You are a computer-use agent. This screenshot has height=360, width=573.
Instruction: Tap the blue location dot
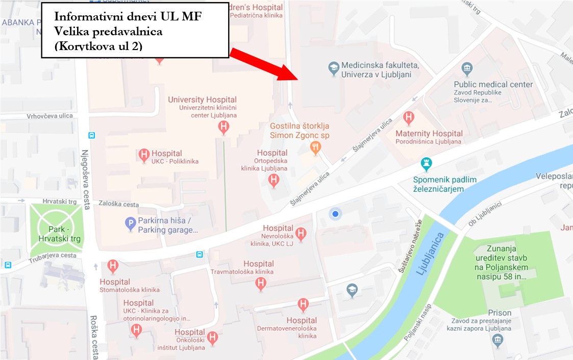(335, 214)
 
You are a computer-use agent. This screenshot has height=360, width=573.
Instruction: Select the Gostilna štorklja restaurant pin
(315, 148)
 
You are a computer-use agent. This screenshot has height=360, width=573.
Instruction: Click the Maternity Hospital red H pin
(408, 118)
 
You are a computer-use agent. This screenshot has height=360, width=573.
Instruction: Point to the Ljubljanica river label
(430, 254)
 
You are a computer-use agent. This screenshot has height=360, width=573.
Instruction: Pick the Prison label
(499, 313)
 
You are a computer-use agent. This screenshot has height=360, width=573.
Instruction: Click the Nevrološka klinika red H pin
(301, 234)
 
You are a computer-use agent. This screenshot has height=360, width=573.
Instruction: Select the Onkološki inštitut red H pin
(213, 337)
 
